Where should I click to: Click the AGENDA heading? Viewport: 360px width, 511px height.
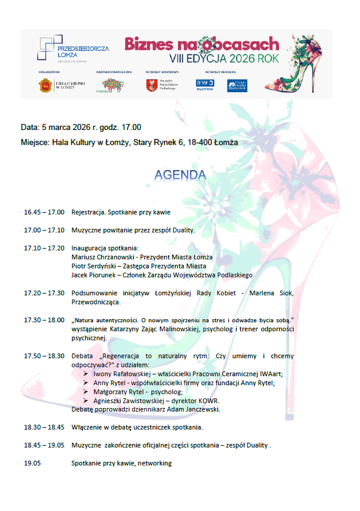[180, 175]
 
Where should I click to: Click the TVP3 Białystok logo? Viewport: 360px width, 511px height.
[205, 85]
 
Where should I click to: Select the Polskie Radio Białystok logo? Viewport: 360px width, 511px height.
[237, 85]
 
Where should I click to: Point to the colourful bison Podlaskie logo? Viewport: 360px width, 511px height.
[112, 86]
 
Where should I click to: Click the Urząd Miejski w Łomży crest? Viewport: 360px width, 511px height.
[44, 86]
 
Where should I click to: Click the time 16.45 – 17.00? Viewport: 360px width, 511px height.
[44, 212]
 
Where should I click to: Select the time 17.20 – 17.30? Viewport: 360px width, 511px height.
[44, 292]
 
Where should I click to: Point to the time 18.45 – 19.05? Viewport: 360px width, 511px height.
[44, 445]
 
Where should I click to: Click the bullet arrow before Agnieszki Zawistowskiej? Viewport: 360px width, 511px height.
[86, 401]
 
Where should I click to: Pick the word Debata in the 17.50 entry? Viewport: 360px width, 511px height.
[82, 356]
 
